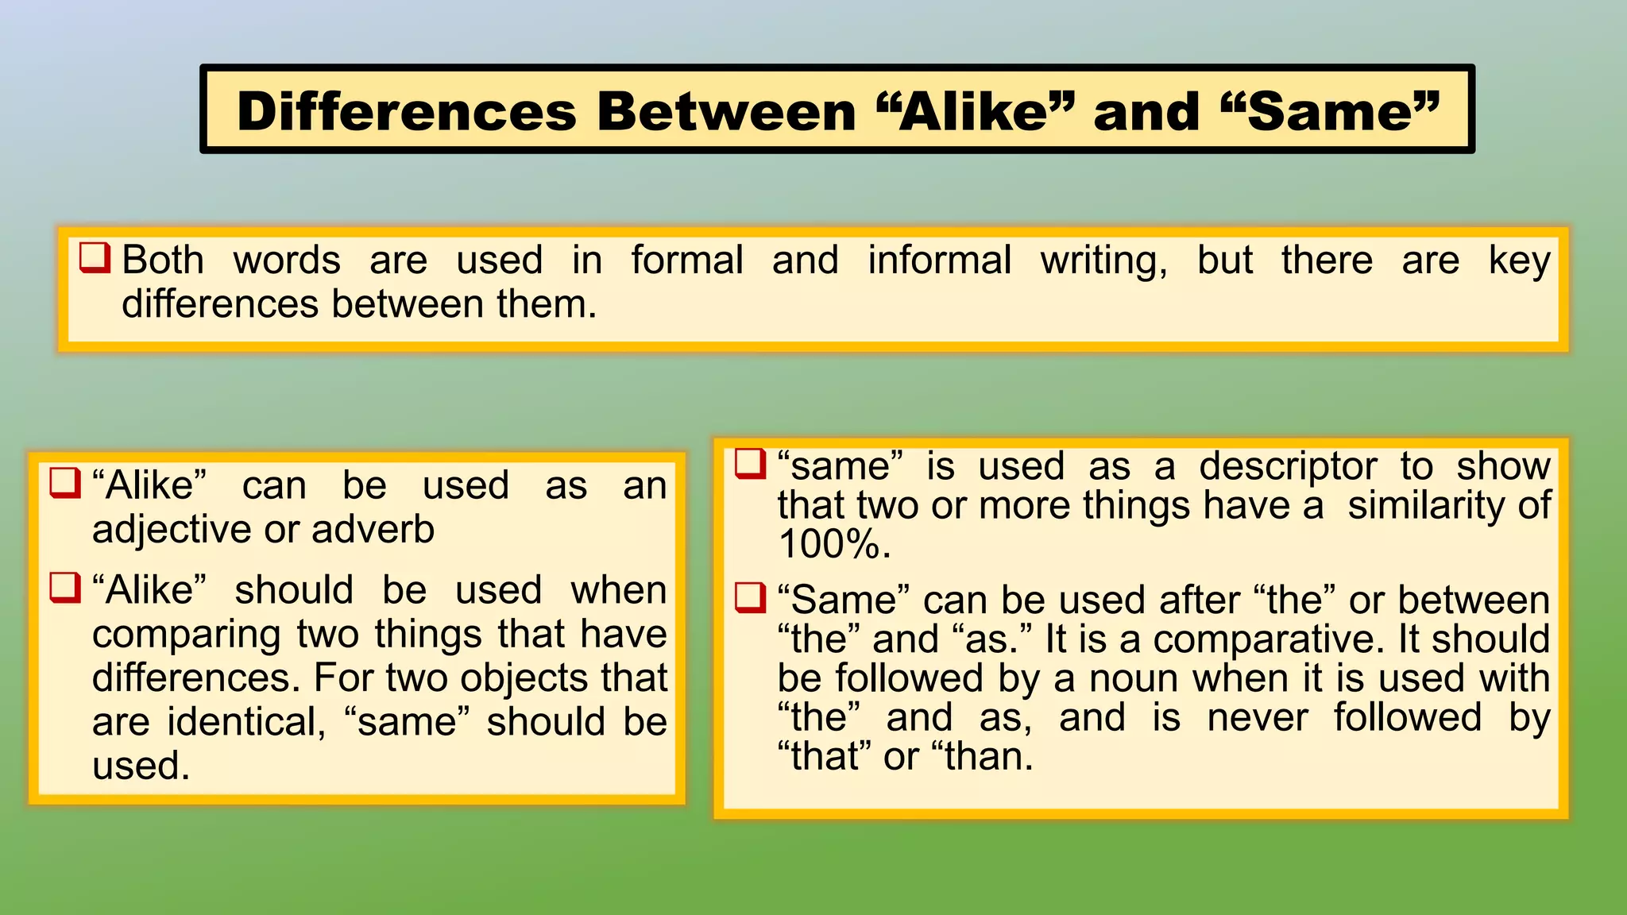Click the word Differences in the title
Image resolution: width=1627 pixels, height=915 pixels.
(x=406, y=111)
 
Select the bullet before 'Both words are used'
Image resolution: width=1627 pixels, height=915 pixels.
(x=95, y=258)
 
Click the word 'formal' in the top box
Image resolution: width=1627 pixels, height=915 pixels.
(x=687, y=261)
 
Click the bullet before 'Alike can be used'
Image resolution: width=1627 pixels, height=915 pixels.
(x=65, y=483)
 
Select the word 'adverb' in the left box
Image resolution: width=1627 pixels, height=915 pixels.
(x=373, y=529)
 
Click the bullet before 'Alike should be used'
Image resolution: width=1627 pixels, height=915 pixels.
(x=65, y=588)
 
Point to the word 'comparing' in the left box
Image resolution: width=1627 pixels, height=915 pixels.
(x=187, y=635)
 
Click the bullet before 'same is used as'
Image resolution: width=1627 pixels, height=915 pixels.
(x=750, y=464)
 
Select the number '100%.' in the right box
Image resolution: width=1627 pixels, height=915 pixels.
(x=834, y=545)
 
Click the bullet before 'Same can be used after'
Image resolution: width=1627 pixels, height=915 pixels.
(x=750, y=597)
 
